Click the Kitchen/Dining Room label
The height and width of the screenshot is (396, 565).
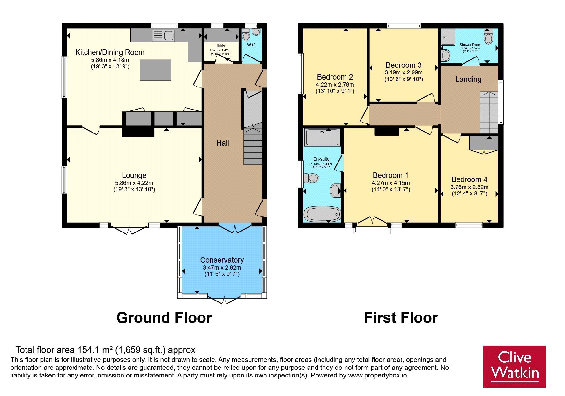(110, 52)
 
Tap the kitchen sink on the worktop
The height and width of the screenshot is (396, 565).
(163, 36)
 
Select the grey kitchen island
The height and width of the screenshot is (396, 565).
(155, 70)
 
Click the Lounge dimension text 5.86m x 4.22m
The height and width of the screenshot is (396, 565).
(134, 183)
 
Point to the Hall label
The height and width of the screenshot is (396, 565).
(223, 143)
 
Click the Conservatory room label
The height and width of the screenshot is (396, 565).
(222, 260)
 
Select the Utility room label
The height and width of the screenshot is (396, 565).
(220, 46)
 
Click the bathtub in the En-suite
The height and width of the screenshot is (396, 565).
(323, 214)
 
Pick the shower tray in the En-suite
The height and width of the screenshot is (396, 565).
(322, 137)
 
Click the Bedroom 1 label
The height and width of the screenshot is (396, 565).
(390, 175)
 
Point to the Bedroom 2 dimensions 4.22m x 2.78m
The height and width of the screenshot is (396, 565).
(335, 85)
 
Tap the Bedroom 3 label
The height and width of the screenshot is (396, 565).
(404, 65)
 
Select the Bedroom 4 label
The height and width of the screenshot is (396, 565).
(469, 179)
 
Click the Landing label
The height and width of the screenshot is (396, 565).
(468, 79)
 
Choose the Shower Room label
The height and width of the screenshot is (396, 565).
(471, 45)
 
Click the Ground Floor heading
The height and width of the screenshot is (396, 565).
(164, 318)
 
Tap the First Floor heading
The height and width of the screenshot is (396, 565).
(401, 318)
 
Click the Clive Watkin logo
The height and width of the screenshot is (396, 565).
(515, 367)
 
